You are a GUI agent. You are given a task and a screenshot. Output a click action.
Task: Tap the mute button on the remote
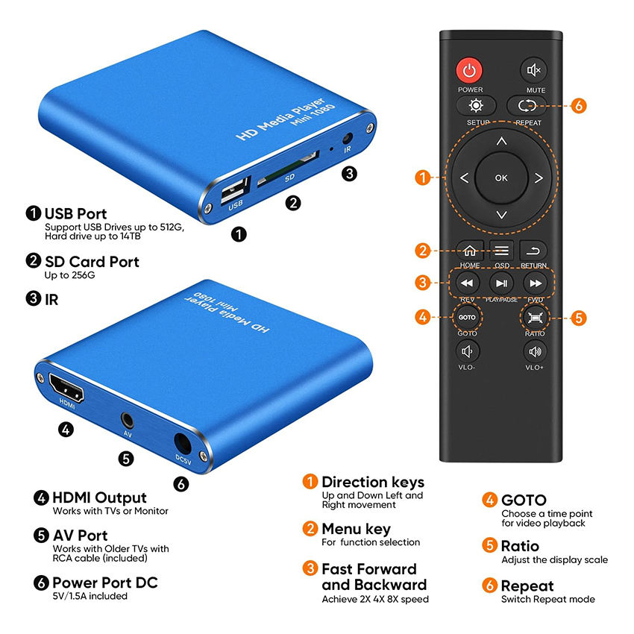[x=533, y=70]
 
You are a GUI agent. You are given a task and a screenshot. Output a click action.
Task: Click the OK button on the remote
[x=501, y=178]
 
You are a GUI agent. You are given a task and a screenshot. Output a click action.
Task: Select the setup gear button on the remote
[x=476, y=106]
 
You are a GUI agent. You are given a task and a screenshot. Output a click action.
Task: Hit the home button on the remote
[x=470, y=251]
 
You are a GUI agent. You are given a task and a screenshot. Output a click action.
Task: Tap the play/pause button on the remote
[x=501, y=283]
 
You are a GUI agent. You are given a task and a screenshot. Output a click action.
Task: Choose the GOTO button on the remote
[x=467, y=318]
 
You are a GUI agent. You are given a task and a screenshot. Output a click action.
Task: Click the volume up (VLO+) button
[x=535, y=351]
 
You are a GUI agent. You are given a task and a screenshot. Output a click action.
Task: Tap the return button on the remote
[x=533, y=251]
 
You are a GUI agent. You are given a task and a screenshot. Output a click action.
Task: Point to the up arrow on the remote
[x=502, y=141]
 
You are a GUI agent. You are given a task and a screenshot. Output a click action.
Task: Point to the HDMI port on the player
[x=66, y=387]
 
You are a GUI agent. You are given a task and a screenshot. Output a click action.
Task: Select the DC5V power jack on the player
[x=182, y=444]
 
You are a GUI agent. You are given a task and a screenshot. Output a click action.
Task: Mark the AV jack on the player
[x=128, y=421]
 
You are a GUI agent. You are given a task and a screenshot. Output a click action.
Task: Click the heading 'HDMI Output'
[x=99, y=498]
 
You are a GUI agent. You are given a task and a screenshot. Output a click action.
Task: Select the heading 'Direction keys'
[x=373, y=482]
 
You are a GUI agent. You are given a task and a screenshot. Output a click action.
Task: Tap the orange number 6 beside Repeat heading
[x=489, y=585]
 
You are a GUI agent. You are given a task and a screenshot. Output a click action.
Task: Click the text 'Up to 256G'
[x=69, y=275]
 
